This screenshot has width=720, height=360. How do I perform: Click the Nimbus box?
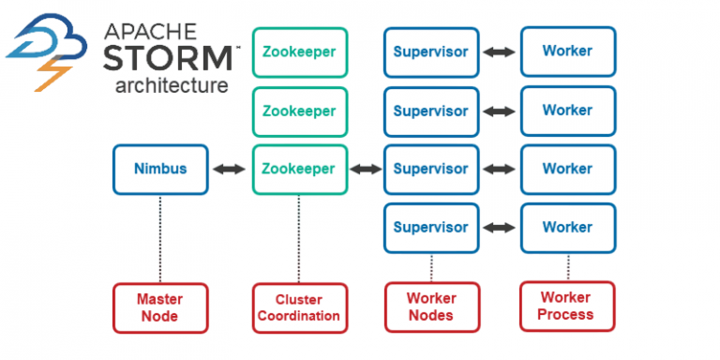(159, 170)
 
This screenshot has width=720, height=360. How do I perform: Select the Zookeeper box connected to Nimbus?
(300, 170)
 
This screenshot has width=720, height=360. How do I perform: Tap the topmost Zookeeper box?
(300, 52)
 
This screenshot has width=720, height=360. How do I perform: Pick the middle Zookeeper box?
(300, 112)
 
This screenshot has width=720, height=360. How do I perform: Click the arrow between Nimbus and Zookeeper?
(230, 170)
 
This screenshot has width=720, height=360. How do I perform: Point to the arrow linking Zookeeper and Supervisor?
(366, 170)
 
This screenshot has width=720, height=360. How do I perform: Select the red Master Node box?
(159, 307)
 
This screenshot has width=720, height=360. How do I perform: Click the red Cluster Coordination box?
(300, 307)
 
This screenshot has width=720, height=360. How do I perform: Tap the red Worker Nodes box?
(431, 307)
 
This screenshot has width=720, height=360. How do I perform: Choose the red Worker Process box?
(567, 307)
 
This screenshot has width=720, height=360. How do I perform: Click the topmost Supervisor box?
(430, 52)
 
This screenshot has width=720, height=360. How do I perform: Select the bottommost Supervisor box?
(430, 227)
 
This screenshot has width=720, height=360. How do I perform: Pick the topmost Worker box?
(567, 52)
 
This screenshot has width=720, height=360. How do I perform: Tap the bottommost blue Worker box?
(567, 227)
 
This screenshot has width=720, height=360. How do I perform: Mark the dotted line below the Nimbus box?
(159, 238)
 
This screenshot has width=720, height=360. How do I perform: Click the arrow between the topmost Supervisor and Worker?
(499, 52)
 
